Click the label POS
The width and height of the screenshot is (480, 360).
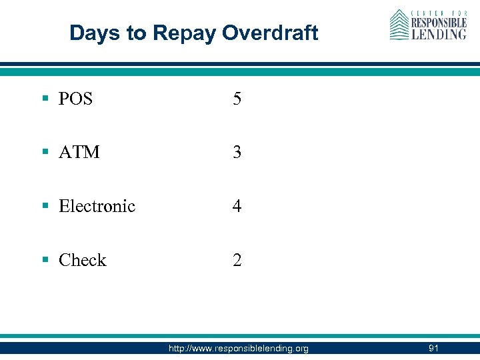tap(75, 99)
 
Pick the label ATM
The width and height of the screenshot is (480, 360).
tap(79, 153)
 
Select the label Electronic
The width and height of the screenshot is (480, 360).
tap(97, 206)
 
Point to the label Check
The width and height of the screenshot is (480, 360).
tap(82, 260)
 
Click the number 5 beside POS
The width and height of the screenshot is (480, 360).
tap(237, 99)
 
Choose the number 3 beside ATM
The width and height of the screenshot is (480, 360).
tap(237, 153)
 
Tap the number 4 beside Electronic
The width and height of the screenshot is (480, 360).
tap(237, 206)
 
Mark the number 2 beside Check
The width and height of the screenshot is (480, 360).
tap(237, 260)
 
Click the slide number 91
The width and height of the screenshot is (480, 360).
tap(433, 349)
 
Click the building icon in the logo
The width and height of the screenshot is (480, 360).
tap(398, 25)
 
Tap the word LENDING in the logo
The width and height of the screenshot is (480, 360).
tap(438, 34)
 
